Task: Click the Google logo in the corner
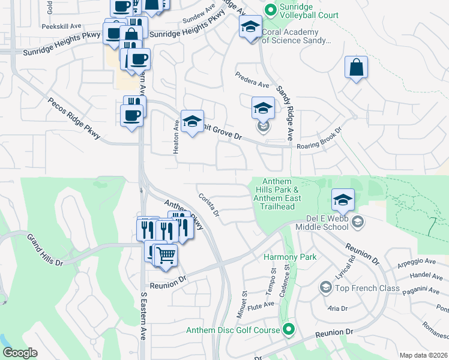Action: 20,353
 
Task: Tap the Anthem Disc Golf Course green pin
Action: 289,329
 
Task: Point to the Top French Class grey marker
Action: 325,288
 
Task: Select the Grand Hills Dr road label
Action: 48,249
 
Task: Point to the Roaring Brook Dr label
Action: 319,139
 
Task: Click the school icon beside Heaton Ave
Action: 192,122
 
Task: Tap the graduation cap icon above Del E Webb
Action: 343,200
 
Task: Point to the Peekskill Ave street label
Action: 61,26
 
